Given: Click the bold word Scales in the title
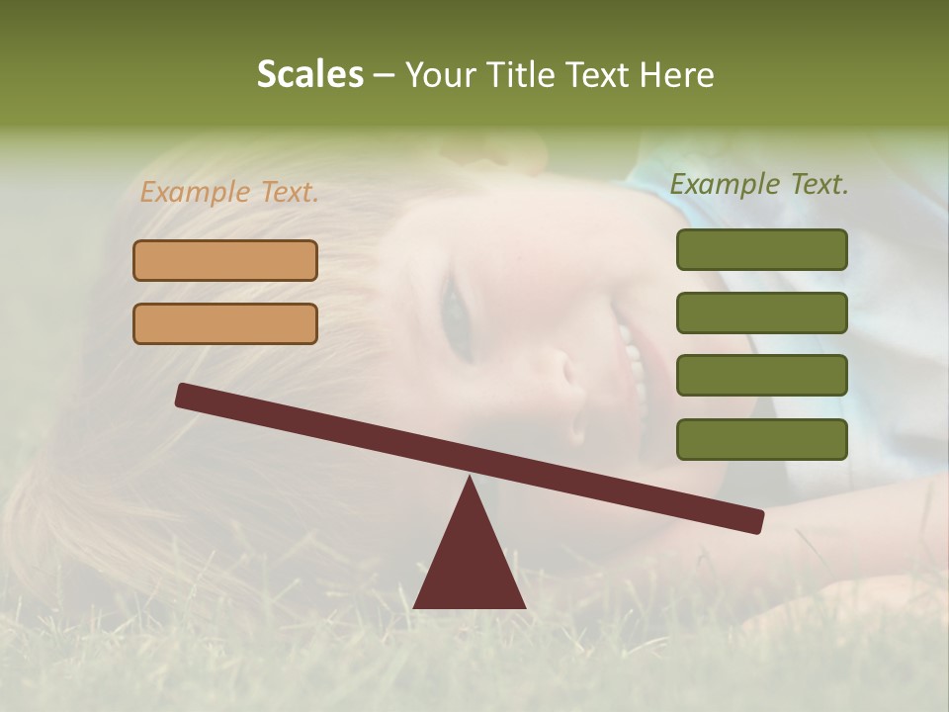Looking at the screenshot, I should click(309, 74).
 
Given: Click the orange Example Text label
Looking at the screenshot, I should click(229, 192).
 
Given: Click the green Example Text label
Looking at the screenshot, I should click(759, 184).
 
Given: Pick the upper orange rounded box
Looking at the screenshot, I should click(225, 260).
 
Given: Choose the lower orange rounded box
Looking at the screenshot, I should click(225, 323).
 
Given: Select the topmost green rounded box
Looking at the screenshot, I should click(761, 249).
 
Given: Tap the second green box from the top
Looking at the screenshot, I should click(761, 312).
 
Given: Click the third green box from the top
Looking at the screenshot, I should click(761, 376).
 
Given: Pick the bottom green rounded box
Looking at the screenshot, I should click(761, 439).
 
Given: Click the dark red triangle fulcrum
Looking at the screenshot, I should click(470, 564).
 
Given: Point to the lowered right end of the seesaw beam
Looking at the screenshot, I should click(753, 521).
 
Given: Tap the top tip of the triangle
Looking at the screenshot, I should click(470, 480).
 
